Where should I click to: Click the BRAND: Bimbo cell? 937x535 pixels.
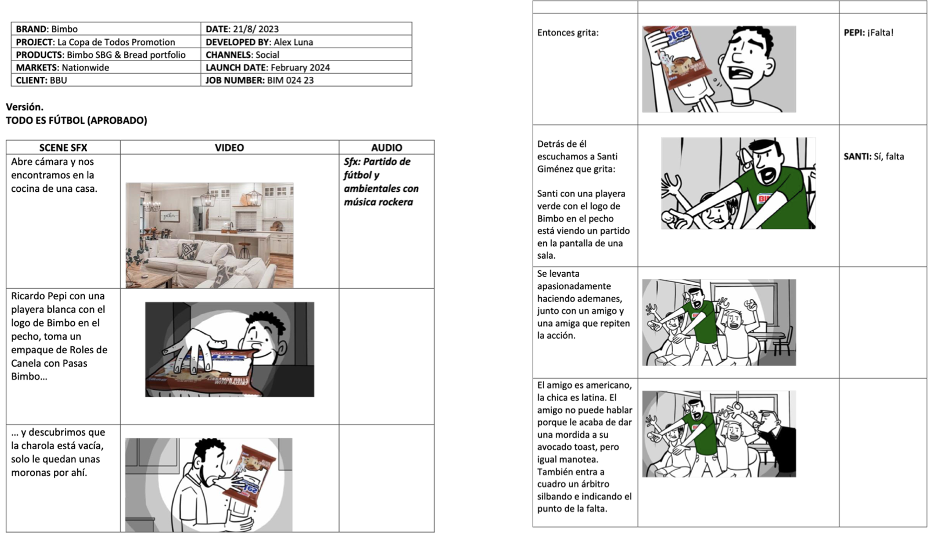tap(106, 29)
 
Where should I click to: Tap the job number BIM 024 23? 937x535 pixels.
tap(290, 80)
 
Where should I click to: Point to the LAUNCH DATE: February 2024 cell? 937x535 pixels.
tap(307, 67)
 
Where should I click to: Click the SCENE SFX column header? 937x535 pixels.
tap(63, 147)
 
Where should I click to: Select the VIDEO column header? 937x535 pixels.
tap(229, 147)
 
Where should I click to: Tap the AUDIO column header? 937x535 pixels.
tap(386, 147)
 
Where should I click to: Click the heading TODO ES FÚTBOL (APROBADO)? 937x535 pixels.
tap(76, 120)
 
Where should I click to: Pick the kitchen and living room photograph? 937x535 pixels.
tap(209, 235)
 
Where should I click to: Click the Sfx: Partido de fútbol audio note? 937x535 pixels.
tap(381, 181)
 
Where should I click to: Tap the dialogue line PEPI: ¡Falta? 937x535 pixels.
tap(869, 32)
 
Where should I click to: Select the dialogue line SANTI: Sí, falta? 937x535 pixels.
tap(874, 156)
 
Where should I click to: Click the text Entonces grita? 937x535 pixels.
tap(568, 32)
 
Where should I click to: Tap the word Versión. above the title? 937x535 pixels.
tap(25, 107)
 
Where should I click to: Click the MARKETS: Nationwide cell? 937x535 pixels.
tap(106, 67)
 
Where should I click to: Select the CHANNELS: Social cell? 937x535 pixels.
tap(307, 54)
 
